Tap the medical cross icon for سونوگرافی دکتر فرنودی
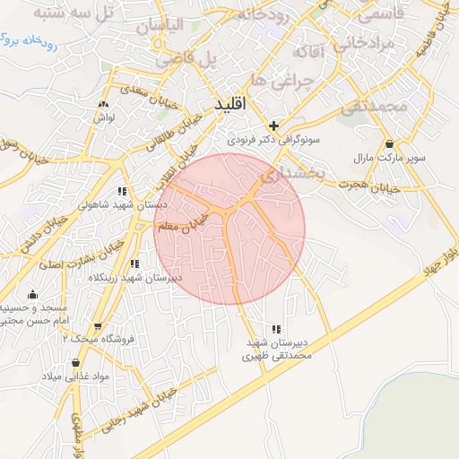(273, 126)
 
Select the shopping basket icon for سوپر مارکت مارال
(388, 143)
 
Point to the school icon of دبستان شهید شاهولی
(122, 191)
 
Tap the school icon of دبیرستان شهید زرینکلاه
(134, 264)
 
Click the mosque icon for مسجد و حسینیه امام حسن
(33, 294)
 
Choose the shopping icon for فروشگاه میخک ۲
(98, 325)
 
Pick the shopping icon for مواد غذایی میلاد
(75, 363)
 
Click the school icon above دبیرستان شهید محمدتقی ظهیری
(276, 329)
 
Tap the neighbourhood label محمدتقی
(377, 106)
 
